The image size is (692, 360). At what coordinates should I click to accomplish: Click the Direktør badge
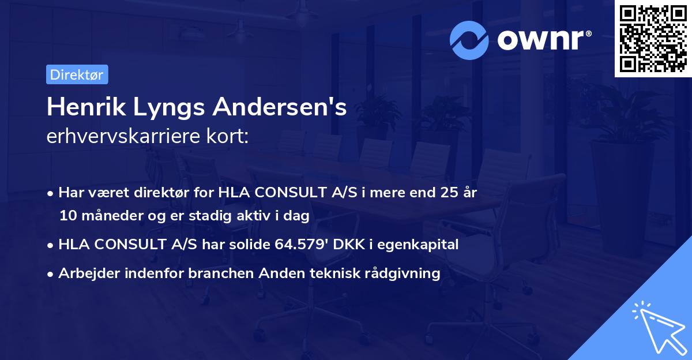pos(77,74)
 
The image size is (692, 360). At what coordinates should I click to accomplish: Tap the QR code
pos(652,39)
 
